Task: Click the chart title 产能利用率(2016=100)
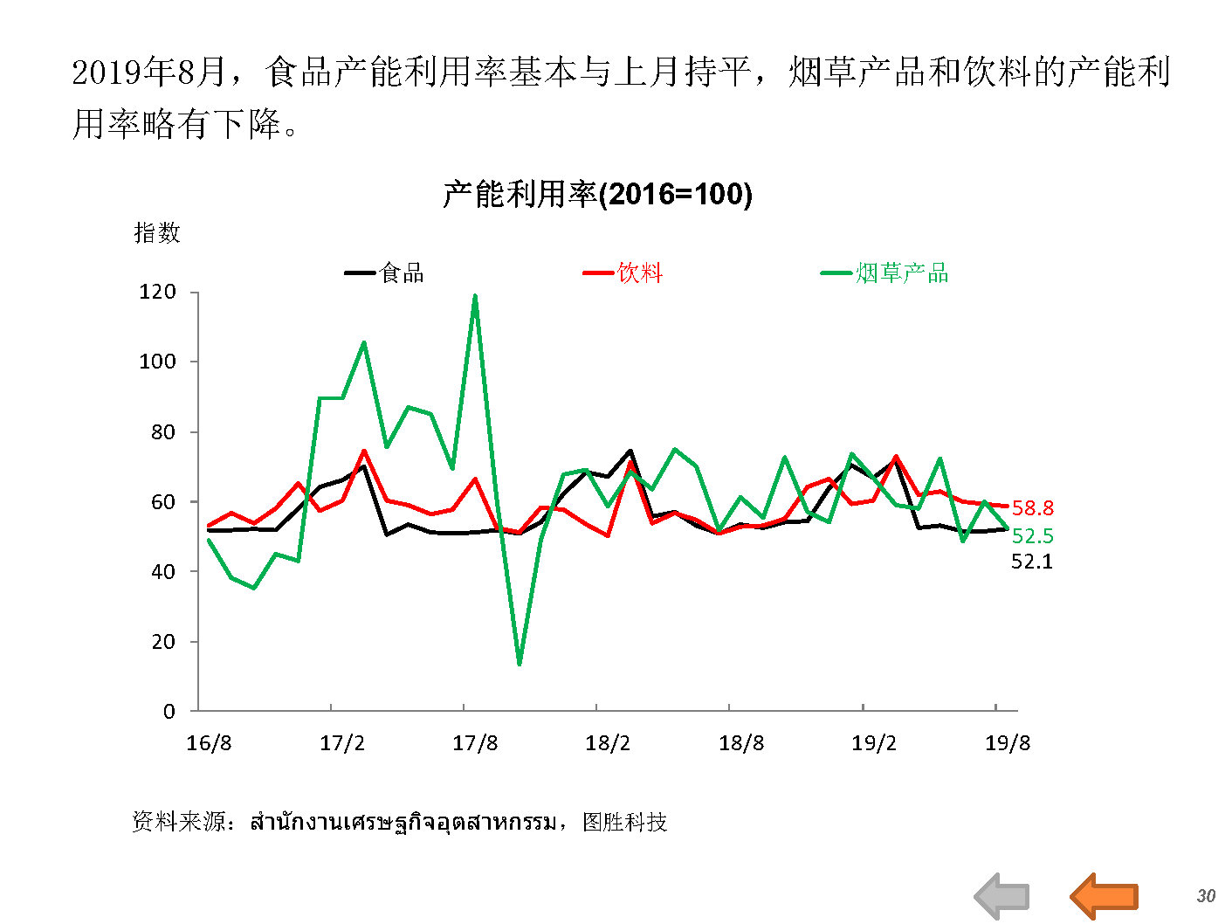click(x=597, y=193)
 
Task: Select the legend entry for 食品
click(x=386, y=273)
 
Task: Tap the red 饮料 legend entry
click(x=624, y=273)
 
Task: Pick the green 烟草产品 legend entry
click(x=885, y=273)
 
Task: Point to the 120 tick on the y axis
click(x=157, y=292)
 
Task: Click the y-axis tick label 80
click(x=162, y=431)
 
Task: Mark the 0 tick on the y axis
click(x=169, y=712)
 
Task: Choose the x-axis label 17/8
click(x=475, y=743)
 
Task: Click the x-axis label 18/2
click(x=608, y=743)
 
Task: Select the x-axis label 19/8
click(x=1008, y=743)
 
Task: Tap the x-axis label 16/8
click(x=210, y=743)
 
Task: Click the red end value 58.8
click(x=1032, y=508)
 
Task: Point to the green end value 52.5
click(x=1032, y=536)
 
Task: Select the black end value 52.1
click(x=1032, y=562)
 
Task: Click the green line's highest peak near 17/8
click(x=475, y=296)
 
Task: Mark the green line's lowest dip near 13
click(x=520, y=665)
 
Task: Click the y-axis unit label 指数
click(x=157, y=232)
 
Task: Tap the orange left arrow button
click(x=1105, y=895)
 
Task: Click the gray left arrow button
click(x=1002, y=896)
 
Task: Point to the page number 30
click(x=1206, y=896)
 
